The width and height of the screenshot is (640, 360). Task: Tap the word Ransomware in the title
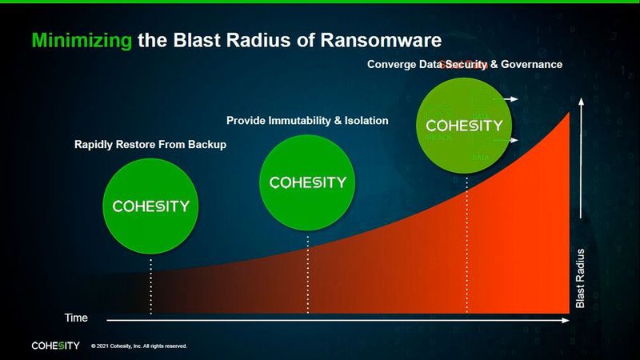click(375, 39)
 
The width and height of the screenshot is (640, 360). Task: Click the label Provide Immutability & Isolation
click(307, 121)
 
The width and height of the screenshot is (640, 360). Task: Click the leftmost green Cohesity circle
click(150, 206)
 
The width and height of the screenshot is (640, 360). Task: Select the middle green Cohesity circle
click(308, 182)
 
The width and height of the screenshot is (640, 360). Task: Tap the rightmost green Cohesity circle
click(465, 126)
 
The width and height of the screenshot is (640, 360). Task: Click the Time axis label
click(76, 318)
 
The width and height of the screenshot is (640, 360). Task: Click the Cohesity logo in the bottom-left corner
click(55, 346)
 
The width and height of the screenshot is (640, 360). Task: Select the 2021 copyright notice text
click(139, 346)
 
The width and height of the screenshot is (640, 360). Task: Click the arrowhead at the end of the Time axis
click(566, 321)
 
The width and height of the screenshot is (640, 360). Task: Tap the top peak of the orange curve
click(569, 114)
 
